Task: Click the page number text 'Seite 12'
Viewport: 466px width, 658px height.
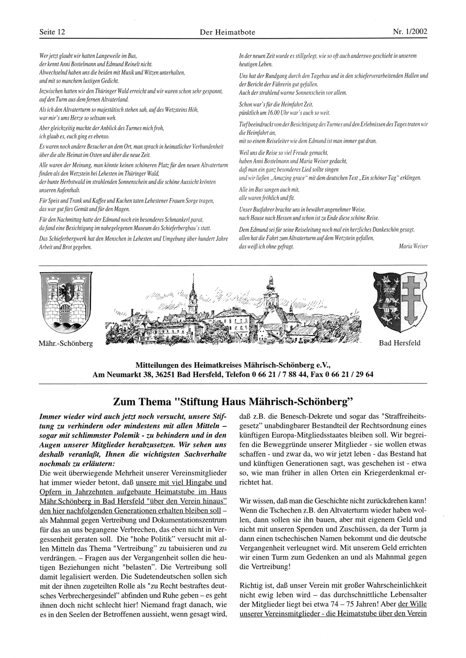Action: pyautogui.click(x=52, y=32)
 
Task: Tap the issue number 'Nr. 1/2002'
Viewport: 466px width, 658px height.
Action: pyautogui.click(x=410, y=32)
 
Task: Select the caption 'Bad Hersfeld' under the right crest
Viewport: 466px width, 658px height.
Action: pyautogui.click(x=399, y=343)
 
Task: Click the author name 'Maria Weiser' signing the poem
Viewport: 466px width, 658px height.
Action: pyautogui.click(x=413, y=246)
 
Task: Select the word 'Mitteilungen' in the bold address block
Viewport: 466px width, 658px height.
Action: pyautogui.click(x=157, y=364)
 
